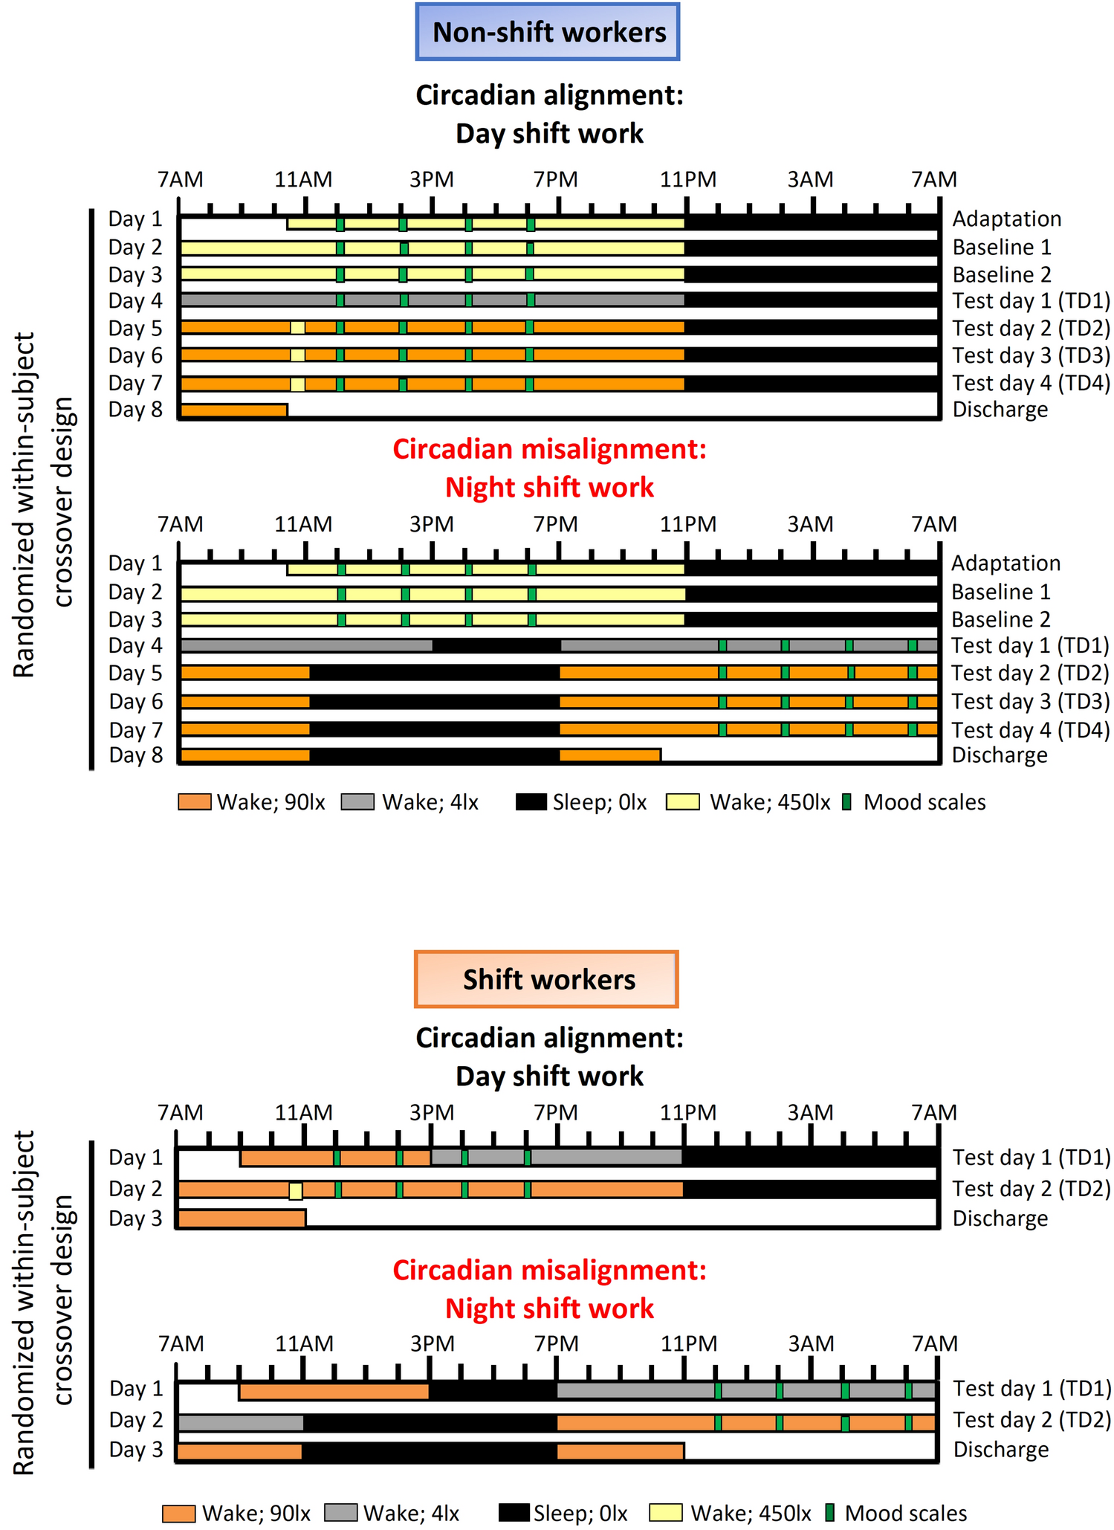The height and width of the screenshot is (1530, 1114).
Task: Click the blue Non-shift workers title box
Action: pyautogui.click(x=548, y=32)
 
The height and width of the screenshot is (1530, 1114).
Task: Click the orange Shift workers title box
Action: pyautogui.click(x=546, y=979)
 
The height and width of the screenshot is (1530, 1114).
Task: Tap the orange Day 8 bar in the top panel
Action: pyautogui.click(x=234, y=410)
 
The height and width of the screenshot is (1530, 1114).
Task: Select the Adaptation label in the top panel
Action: pyautogui.click(x=1006, y=219)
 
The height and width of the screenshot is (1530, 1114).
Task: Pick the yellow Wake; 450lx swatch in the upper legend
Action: pyautogui.click(x=682, y=802)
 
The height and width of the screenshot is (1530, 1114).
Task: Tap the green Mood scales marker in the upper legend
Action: pyautogui.click(x=846, y=802)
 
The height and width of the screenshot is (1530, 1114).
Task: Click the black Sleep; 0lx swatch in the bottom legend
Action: pyautogui.click(x=514, y=1513)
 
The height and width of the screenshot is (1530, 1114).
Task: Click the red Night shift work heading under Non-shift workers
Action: pyautogui.click(x=549, y=488)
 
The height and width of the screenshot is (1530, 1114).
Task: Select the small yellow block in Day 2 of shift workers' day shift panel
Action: pyautogui.click(x=296, y=1190)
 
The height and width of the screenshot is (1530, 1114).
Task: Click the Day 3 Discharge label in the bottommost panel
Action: pyautogui.click(x=1000, y=1449)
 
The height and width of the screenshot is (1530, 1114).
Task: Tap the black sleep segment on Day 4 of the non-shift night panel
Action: pyautogui.click(x=496, y=645)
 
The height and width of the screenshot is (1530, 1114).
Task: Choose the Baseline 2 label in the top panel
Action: pyautogui.click(x=1001, y=274)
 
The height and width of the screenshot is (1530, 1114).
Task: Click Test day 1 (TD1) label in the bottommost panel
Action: pyautogui.click(x=1032, y=1388)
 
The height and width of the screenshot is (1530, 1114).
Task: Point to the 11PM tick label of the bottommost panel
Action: pyautogui.click(x=688, y=1343)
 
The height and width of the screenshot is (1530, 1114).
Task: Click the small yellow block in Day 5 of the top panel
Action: pyautogui.click(x=297, y=328)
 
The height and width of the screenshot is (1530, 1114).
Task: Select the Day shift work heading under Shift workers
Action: pyautogui.click(x=549, y=1076)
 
